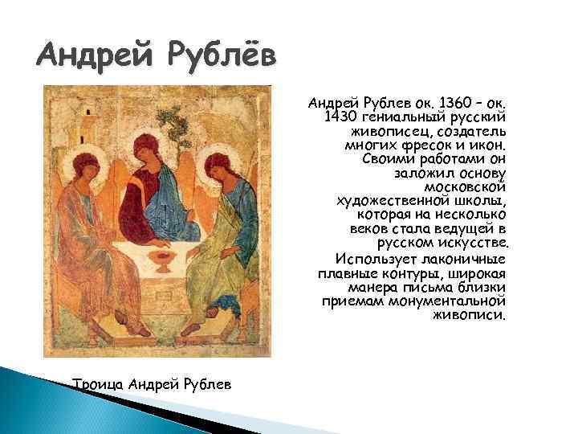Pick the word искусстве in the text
tap(469, 244)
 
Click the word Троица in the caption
tap(98, 384)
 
